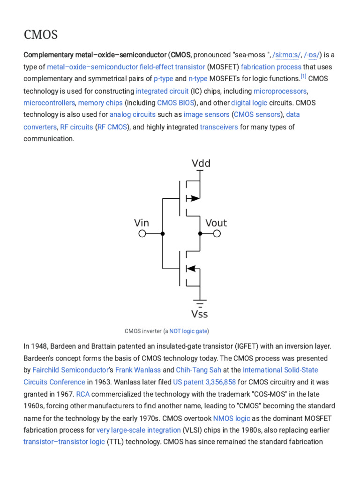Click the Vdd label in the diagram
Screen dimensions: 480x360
pyautogui.click(x=201, y=164)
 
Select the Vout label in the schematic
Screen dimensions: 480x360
pyautogui.click(x=216, y=223)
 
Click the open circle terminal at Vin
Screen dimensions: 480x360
pyautogui.click(x=142, y=233)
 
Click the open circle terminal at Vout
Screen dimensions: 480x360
pyautogui.click(x=217, y=233)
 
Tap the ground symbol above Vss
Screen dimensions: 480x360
pyautogui.click(x=201, y=301)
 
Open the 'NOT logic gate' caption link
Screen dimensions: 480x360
pyautogui.click(x=188, y=331)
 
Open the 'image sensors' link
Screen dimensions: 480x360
pyautogui.click(x=206, y=114)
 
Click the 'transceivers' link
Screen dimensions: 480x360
pyautogui.click(x=219, y=127)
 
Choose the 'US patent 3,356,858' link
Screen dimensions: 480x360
pyautogui.click(x=204, y=382)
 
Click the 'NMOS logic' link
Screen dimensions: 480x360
pyautogui.click(x=232, y=418)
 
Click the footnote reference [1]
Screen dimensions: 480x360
pyautogui.click(x=303, y=77)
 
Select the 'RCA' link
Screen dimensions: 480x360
pyautogui.click(x=82, y=394)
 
